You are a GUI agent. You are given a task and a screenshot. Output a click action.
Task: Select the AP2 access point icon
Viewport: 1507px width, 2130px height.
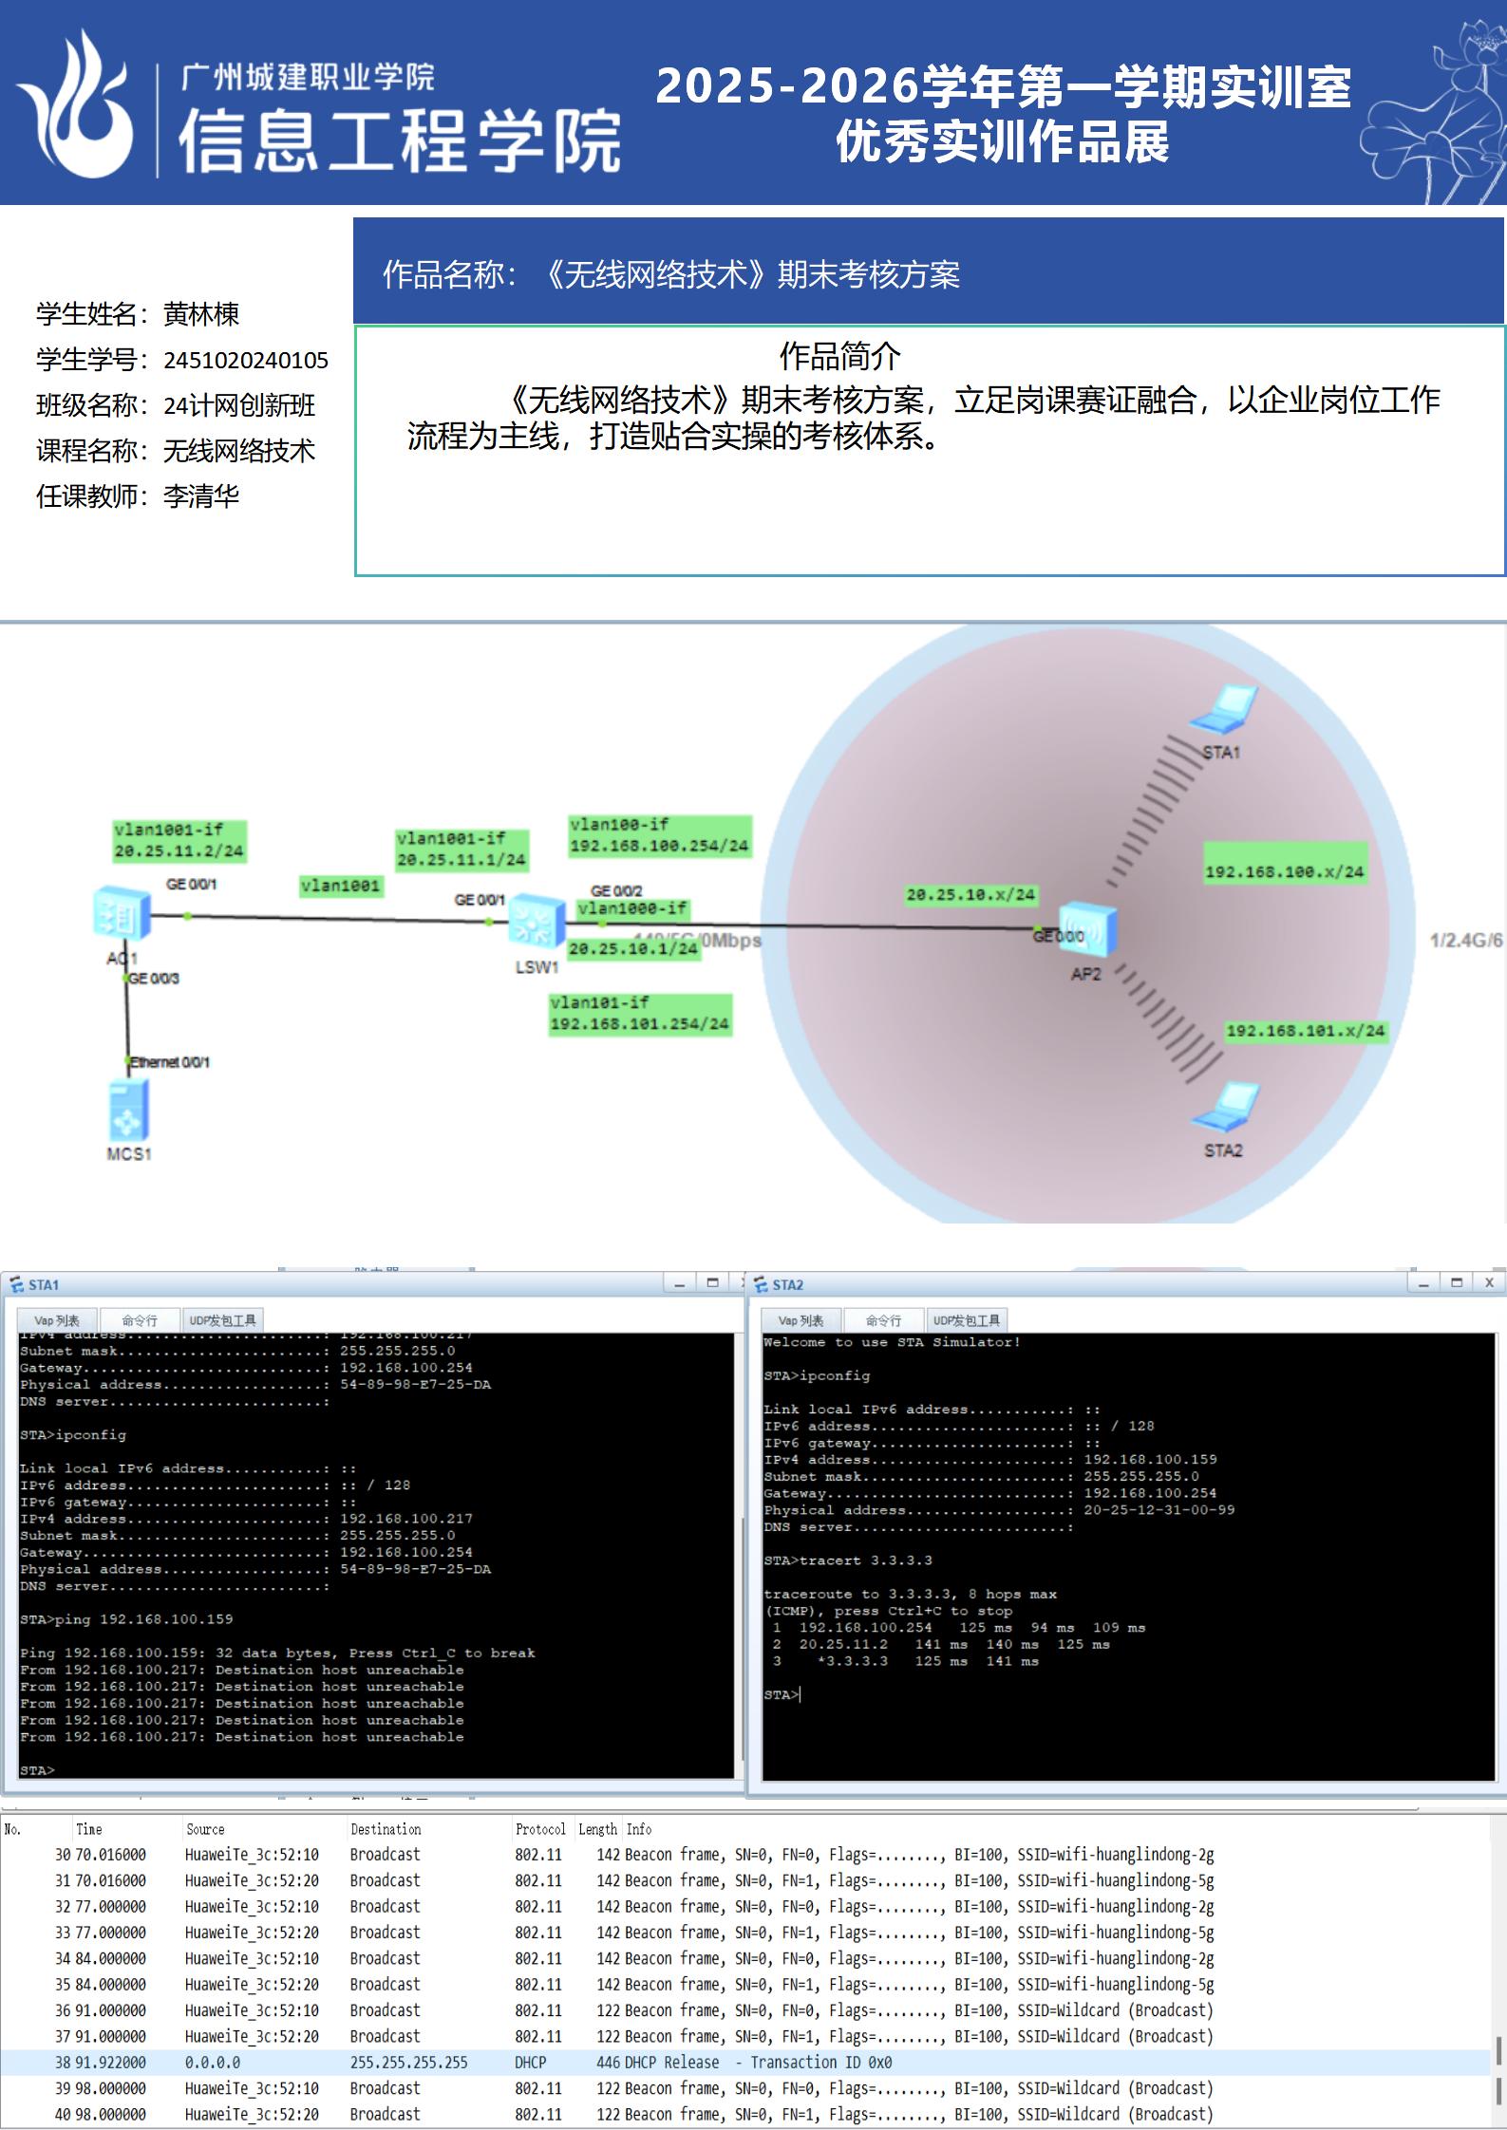pos(1087,930)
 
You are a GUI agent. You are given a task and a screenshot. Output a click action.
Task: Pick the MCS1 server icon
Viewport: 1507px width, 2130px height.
pos(128,1111)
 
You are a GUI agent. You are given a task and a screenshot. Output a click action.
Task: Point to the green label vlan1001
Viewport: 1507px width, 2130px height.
pos(340,887)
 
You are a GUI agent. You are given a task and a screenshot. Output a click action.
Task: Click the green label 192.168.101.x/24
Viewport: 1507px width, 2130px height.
pos(1305,1031)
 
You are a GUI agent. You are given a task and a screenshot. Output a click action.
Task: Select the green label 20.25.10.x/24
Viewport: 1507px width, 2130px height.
pos(970,894)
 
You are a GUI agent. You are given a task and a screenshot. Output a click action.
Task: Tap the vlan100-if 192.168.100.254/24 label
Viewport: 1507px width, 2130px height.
pos(659,836)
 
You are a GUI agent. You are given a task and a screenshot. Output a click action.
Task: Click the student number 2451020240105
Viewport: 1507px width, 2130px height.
pos(246,361)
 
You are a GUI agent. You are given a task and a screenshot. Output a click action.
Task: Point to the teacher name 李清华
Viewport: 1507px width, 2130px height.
pos(201,496)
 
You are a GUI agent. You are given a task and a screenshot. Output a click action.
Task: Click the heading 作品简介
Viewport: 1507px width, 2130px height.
pos(839,357)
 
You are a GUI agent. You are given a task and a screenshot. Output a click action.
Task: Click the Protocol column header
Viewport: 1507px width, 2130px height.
pos(539,1829)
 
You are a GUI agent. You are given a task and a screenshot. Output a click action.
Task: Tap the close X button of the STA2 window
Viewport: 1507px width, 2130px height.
pos(1489,1282)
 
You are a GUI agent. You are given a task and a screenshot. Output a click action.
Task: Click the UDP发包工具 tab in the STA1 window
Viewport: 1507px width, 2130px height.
pos(222,1319)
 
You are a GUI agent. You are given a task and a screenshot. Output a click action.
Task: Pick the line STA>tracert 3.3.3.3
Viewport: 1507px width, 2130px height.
pos(847,1560)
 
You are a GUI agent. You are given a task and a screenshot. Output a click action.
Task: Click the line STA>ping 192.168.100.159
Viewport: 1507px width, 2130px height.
pos(126,1619)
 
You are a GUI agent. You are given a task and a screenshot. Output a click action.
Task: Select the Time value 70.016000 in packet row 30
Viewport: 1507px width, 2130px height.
pos(111,1854)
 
